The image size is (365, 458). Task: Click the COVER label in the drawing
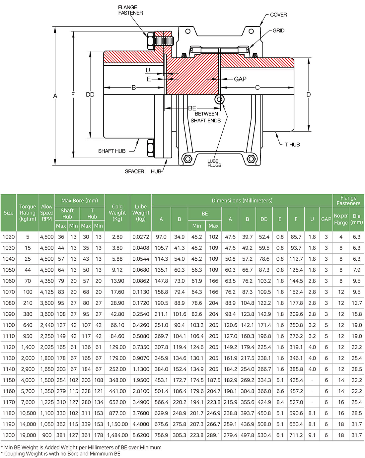(x=278, y=15)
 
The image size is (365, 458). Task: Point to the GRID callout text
(x=278, y=31)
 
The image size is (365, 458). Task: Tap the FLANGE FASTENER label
(x=130, y=10)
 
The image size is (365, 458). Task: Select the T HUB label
(x=292, y=145)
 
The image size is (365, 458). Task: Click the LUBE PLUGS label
(x=214, y=163)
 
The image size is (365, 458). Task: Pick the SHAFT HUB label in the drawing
(x=111, y=151)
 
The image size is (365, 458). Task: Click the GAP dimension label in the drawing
(x=240, y=79)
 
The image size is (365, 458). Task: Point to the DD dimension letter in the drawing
(x=90, y=95)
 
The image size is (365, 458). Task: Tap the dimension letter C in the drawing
(x=257, y=88)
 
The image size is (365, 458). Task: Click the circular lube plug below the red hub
(x=219, y=99)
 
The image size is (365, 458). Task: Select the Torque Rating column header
(x=28, y=213)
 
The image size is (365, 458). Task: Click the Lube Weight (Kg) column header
(x=141, y=213)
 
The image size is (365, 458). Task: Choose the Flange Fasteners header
(x=348, y=200)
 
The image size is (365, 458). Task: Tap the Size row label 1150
(x=9, y=380)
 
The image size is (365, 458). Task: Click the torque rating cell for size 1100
(x=28, y=325)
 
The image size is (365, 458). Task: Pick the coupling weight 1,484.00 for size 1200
(x=117, y=435)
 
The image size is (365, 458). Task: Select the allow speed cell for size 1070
(x=47, y=292)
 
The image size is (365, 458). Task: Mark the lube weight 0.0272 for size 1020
(x=141, y=237)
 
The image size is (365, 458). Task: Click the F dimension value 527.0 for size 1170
(x=296, y=402)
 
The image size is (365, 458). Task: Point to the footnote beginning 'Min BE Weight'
(x=81, y=447)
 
